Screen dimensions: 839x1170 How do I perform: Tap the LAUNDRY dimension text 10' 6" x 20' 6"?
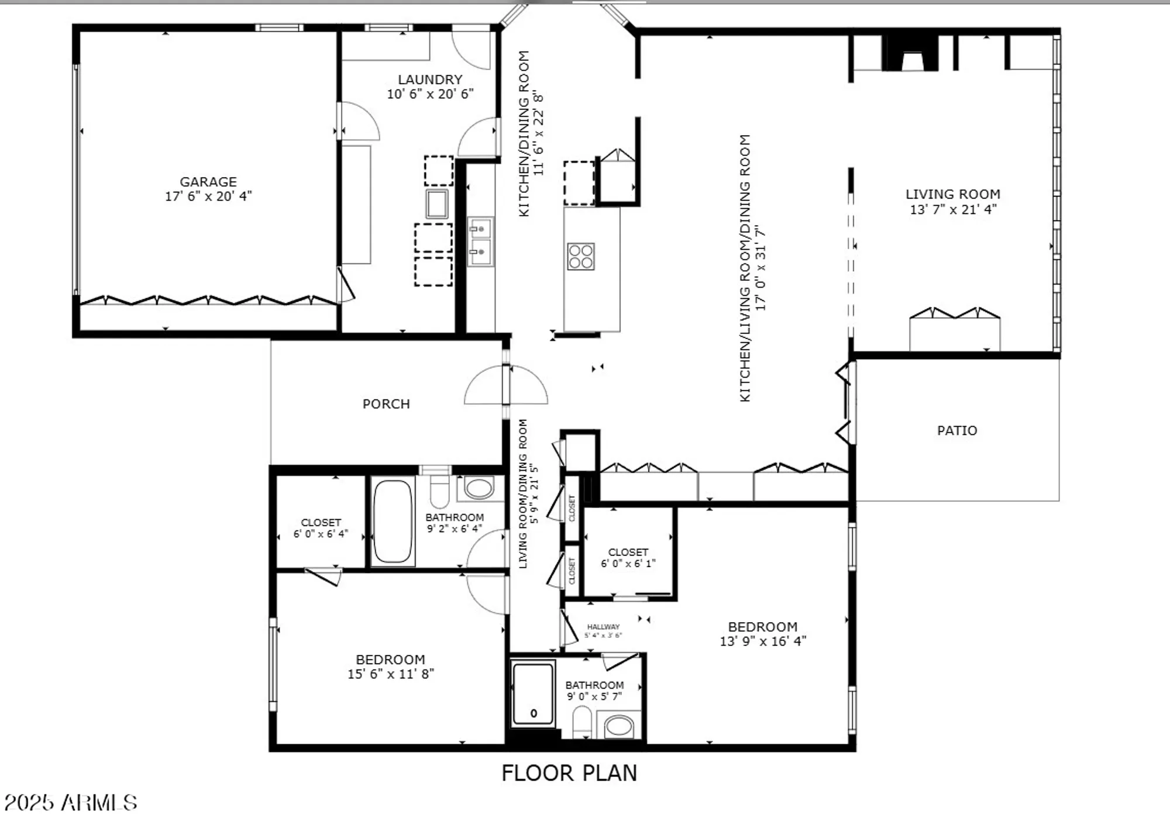[430, 94]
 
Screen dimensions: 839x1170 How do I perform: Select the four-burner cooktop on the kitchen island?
[580, 257]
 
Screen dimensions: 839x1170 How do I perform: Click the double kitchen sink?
[480, 241]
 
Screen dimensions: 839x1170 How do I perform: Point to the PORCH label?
[386, 404]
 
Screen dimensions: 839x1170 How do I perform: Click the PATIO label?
[957, 431]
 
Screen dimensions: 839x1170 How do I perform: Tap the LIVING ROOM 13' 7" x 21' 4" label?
[953, 202]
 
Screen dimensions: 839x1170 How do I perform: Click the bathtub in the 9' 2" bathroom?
[392, 521]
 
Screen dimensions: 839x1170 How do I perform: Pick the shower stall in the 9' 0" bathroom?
[532, 694]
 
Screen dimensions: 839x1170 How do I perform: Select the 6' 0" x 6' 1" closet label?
[628, 558]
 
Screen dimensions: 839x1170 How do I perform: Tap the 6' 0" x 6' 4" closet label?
[321, 528]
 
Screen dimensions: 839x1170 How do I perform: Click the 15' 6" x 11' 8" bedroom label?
[390, 667]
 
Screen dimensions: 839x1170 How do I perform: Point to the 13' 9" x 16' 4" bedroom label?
[762, 634]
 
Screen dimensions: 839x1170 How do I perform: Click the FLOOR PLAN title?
[569, 773]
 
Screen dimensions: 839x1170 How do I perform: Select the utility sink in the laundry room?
[436, 204]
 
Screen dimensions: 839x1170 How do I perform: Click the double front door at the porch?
[506, 385]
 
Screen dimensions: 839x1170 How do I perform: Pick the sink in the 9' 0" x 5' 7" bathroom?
[618, 727]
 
